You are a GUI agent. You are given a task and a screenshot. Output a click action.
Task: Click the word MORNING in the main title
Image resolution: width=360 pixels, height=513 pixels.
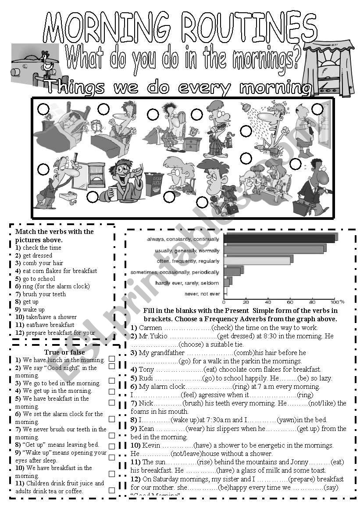107,27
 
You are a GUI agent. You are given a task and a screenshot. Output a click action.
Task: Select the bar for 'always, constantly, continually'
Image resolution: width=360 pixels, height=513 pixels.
280,238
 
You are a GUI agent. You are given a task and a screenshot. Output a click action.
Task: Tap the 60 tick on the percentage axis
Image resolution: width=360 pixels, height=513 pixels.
290,302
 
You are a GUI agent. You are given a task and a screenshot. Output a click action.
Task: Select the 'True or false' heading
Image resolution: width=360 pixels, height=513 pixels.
64,352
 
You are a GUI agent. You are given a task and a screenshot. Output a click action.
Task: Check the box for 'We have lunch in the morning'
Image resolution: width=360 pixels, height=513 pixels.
112,359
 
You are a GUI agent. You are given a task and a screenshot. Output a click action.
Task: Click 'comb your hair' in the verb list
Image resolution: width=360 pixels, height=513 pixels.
43,263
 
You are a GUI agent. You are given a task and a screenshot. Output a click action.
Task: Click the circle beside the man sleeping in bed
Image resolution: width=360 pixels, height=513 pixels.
43,108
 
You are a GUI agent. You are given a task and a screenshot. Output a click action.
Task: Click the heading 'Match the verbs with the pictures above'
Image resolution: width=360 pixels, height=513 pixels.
54,236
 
